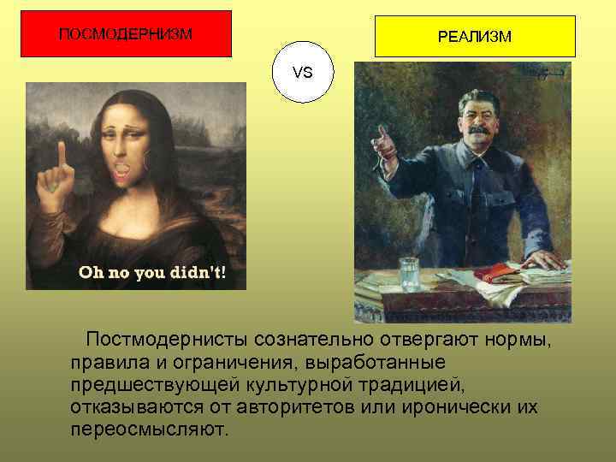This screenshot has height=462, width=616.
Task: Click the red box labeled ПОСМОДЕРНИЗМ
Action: pyautogui.click(x=125, y=34)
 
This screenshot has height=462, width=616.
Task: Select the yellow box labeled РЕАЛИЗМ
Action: pyautogui.click(x=475, y=37)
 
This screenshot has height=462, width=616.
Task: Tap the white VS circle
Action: pyautogui.click(x=302, y=73)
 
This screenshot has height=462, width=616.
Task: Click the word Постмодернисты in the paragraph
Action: pyautogui.click(x=167, y=341)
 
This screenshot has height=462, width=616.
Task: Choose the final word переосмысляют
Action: pyautogui.click(x=150, y=428)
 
